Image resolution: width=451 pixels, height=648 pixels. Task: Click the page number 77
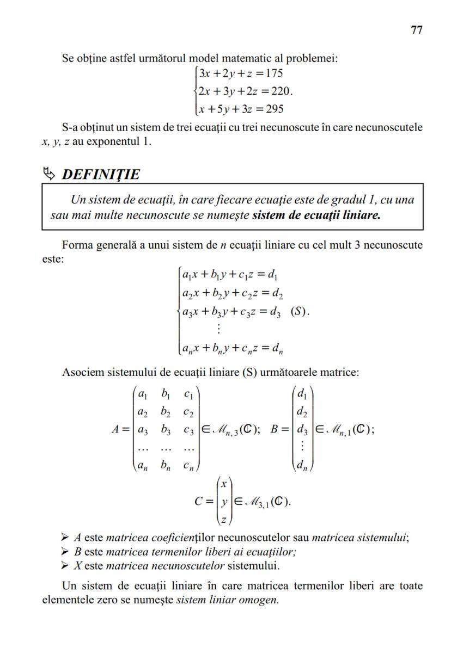416,30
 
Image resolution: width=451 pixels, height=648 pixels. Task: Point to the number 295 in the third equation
272,109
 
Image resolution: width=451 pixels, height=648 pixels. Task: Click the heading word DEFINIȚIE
101,175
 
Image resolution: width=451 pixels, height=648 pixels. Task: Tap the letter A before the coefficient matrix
115,429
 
